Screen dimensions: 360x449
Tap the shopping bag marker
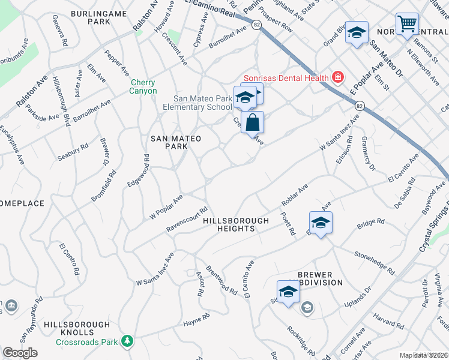click(253, 122)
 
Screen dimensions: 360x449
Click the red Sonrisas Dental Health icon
click(338, 77)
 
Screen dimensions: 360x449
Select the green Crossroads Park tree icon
click(127, 341)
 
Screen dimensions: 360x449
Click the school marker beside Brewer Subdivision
click(288, 292)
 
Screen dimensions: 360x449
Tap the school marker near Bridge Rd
click(321, 223)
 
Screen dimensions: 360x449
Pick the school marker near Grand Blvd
click(357, 34)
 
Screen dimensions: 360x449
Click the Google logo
click(20, 353)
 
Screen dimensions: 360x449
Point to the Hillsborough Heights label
click(236, 225)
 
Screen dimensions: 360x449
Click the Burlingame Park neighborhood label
click(91, 17)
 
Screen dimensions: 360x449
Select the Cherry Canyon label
click(143, 87)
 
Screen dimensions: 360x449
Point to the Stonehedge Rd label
click(374, 264)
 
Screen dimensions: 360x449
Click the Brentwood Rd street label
click(221, 279)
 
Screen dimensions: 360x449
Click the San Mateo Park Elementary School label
click(197, 103)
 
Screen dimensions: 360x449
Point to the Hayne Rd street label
click(196, 322)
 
